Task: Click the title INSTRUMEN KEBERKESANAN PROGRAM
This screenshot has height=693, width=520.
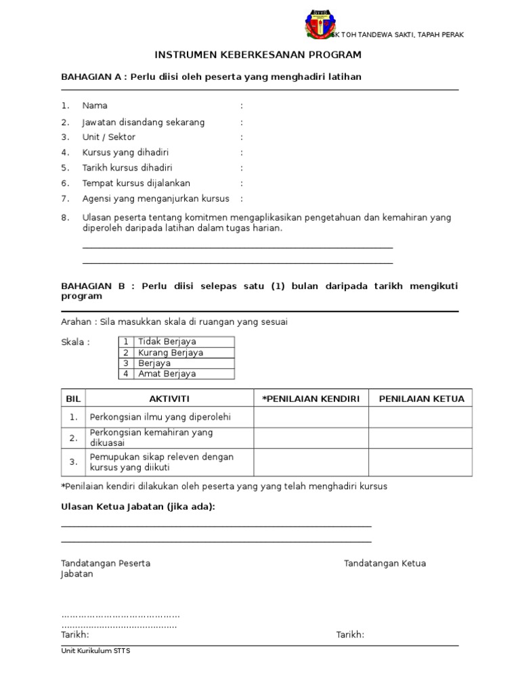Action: tap(259, 55)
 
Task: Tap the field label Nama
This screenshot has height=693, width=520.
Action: tap(95, 106)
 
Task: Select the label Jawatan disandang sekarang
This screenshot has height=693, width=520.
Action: tap(143, 122)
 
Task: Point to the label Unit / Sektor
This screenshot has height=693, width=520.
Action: tap(108, 137)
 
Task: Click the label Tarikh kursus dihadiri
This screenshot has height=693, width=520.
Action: tap(127, 168)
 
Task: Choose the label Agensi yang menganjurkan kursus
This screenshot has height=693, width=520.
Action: tap(156, 198)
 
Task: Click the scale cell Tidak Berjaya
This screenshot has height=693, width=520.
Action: tap(167, 342)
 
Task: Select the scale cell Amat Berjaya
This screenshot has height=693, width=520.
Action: tap(167, 374)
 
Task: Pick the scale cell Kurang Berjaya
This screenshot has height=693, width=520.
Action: tap(170, 353)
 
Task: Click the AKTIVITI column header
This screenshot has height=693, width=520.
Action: tap(169, 399)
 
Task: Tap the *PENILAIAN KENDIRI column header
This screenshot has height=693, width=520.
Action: tap(311, 399)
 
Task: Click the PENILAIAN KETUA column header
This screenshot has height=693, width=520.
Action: tap(421, 399)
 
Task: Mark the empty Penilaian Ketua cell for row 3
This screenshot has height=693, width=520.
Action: tap(420, 462)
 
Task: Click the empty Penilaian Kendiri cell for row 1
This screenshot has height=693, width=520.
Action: tap(311, 417)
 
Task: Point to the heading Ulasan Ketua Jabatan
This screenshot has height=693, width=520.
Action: tap(138, 507)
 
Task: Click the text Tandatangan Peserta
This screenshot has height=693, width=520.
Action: tap(106, 563)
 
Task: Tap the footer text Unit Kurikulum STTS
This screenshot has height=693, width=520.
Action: tap(95, 651)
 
